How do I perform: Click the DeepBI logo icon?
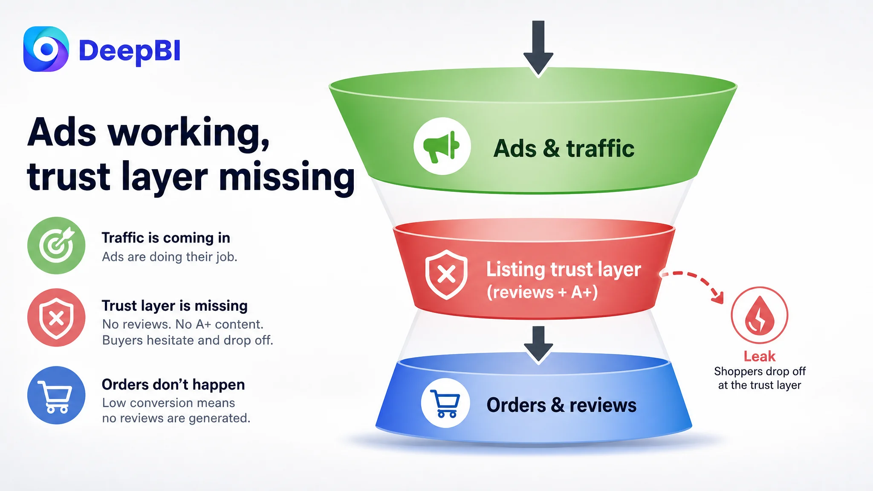tap(46, 49)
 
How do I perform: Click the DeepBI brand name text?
tap(130, 51)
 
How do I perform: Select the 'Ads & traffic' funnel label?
tap(564, 149)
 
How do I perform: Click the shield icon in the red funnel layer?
tap(446, 274)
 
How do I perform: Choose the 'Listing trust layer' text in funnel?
tap(564, 269)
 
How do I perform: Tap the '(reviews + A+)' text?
tap(542, 292)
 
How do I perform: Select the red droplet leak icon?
tap(760, 315)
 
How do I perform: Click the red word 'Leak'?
tap(760, 356)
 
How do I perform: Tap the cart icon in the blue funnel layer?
tap(445, 403)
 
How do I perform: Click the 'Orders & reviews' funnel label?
tap(561, 405)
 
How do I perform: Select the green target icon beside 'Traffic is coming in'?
tap(56, 245)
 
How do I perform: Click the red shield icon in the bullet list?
tap(56, 318)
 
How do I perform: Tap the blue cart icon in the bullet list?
tap(56, 395)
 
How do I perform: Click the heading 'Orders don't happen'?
tap(173, 384)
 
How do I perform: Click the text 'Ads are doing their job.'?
tap(170, 257)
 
